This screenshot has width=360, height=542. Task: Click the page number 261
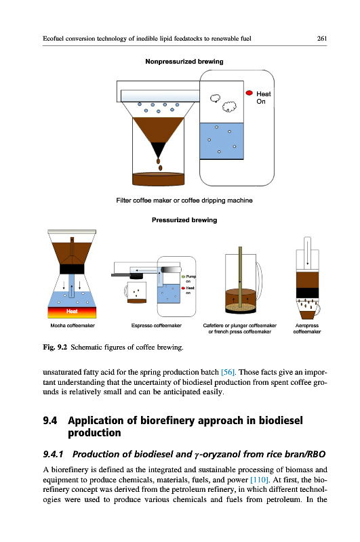click(321, 39)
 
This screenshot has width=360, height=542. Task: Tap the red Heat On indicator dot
click(249, 93)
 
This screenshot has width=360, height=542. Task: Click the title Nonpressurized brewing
click(184, 62)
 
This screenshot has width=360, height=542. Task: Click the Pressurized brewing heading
click(184, 220)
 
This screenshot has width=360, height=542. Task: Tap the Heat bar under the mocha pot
click(72, 312)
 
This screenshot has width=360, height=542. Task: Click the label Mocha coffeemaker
click(73, 326)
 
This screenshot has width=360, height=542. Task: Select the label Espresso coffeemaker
click(157, 326)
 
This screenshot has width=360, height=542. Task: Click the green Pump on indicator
click(183, 277)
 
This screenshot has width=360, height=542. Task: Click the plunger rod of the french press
click(240, 277)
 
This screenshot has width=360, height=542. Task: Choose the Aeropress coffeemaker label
click(307, 329)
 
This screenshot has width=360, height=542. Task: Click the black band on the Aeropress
click(307, 293)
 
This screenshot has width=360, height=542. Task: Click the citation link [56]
click(228, 372)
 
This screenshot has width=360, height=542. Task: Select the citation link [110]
click(260, 480)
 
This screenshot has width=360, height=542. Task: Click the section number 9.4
click(50, 421)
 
